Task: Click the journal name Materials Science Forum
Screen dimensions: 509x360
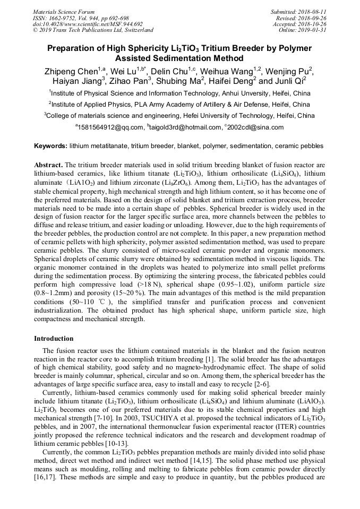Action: (64, 12)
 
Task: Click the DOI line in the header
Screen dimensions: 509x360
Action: (88, 24)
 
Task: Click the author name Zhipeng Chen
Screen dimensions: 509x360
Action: (71, 71)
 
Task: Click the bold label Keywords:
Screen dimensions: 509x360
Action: (50, 145)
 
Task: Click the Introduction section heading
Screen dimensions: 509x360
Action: (54, 338)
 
